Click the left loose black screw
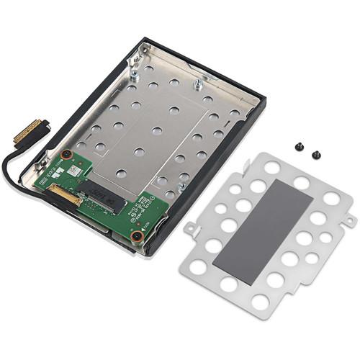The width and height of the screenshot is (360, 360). point(297,146)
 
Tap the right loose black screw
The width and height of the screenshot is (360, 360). point(315,153)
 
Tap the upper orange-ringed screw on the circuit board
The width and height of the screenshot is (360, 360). point(66,154)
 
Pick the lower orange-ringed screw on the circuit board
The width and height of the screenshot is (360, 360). point(135,235)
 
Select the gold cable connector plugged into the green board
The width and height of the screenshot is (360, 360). point(63,192)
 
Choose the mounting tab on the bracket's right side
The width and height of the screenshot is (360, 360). point(343,220)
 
